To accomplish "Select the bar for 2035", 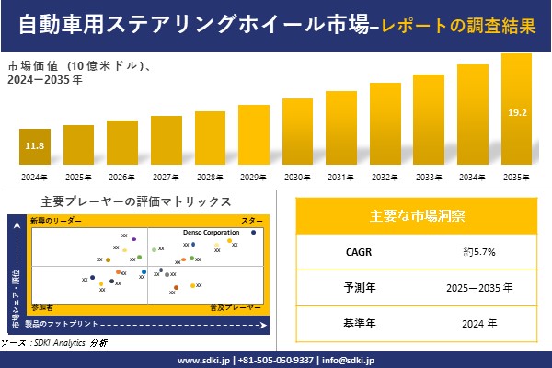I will click(x=516, y=110).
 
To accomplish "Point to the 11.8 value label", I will click(x=34, y=146).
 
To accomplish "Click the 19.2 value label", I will click(x=516, y=112).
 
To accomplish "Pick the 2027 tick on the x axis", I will click(x=166, y=177).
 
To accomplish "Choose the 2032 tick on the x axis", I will click(x=385, y=177).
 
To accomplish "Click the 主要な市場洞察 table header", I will click(x=416, y=216).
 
